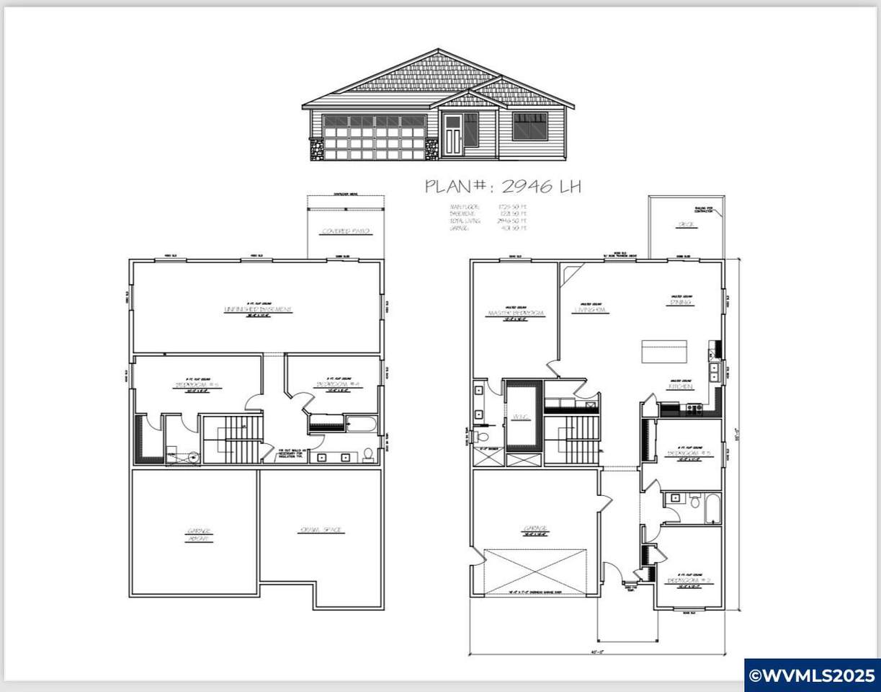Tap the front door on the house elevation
point(452,135)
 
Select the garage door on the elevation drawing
point(374,137)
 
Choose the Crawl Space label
point(321,531)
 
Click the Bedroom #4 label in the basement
point(334,384)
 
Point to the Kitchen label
point(681,387)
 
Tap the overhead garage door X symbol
point(535,571)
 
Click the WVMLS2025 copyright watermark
point(812,675)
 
